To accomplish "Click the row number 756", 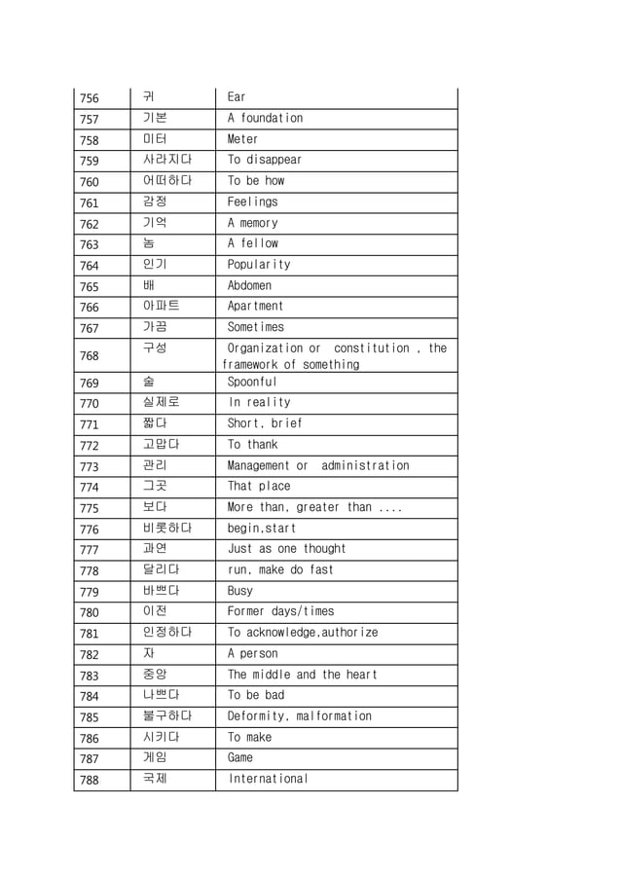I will (89, 97).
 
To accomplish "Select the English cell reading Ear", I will (237, 97).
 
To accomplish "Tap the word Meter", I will (242, 139).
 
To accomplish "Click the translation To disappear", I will (265, 160).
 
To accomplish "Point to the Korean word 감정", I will (155, 201).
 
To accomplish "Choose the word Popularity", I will (259, 265).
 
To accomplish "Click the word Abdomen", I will (249, 285).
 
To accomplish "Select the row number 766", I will (89, 308).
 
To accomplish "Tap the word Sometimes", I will (256, 327).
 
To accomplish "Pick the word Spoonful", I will (252, 383).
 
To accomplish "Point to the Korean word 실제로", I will (161, 402).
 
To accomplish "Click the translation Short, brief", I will (265, 423).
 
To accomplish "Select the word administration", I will (365, 465).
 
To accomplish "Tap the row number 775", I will (89, 508).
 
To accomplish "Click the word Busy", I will (239, 591).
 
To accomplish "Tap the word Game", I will (240, 757).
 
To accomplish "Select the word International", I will (269, 779).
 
